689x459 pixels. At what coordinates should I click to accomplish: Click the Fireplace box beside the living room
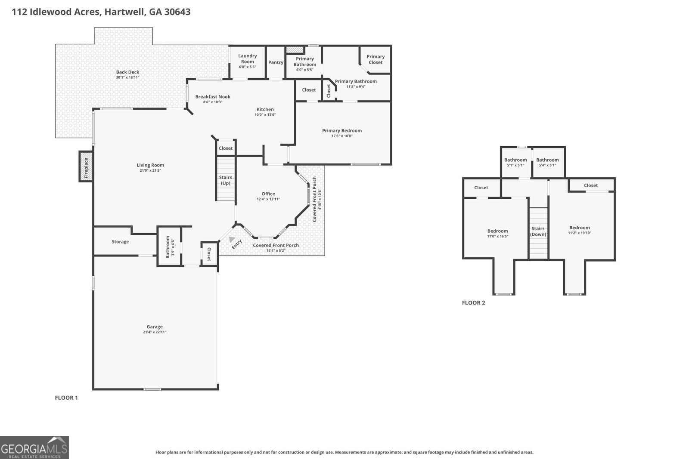(86, 166)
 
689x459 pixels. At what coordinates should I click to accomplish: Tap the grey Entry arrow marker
(232, 240)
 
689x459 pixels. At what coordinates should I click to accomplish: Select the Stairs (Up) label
(226, 180)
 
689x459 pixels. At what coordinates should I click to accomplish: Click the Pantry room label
(276, 62)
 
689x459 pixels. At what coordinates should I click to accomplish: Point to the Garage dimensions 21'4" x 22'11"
(155, 332)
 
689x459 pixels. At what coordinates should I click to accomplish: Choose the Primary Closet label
(376, 59)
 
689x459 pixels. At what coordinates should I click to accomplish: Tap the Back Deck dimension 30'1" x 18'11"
(127, 77)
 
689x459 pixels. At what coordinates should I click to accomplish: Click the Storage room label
(120, 242)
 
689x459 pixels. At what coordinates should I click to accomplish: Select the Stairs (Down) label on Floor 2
(538, 231)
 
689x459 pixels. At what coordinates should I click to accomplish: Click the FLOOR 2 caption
(473, 302)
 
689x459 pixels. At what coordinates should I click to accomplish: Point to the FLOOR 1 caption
(66, 397)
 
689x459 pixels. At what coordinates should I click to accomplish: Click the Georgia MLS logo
(34, 447)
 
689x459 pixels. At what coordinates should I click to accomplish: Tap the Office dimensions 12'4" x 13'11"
(268, 199)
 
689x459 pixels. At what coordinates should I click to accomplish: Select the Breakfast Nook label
(213, 97)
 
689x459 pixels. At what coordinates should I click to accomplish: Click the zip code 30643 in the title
(177, 12)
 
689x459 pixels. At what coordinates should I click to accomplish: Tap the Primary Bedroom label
(342, 131)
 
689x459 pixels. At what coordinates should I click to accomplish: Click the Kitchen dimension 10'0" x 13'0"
(265, 114)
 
